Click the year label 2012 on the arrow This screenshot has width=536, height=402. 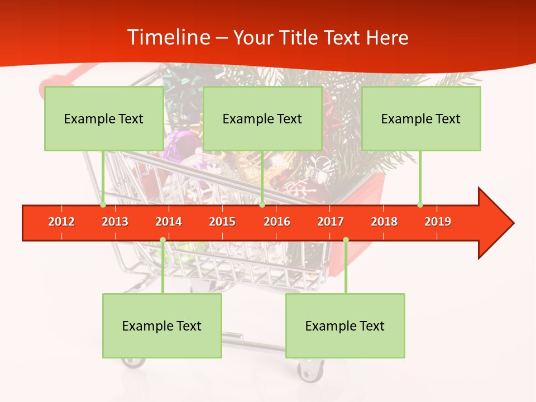[x=61, y=222]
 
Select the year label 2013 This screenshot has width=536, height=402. [x=115, y=222]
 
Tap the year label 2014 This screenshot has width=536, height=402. [x=169, y=222]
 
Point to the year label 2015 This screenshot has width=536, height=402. [x=222, y=222]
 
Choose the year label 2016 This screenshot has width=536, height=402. [x=277, y=222]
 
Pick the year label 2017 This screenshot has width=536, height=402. [x=331, y=222]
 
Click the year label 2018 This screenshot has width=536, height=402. [x=384, y=222]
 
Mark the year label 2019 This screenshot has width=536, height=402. [x=438, y=222]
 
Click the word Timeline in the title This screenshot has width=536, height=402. [x=167, y=37]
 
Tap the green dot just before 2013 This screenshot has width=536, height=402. [x=103, y=205]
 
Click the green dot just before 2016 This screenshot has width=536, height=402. [x=262, y=205]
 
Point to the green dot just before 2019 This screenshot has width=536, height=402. [x=420, y=205]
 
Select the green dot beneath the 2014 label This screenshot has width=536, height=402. [x=162, y=240]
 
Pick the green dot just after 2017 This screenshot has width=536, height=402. [x=346, y=240]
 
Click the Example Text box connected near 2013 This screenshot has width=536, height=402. [x=104, y=118]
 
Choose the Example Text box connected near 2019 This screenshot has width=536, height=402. [x=421, y=118]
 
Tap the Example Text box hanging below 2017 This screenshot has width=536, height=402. [x=345, y=326]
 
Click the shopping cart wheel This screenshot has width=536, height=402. [x=310, y=370]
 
